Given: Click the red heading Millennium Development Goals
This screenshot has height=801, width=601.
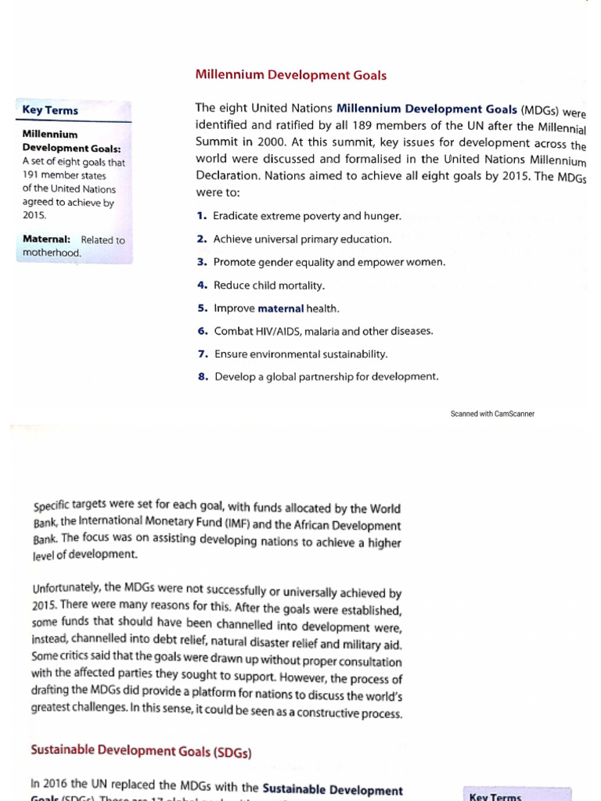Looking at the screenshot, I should (x=290, y=75).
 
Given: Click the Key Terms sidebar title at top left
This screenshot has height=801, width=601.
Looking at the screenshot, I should (x=50, y=110).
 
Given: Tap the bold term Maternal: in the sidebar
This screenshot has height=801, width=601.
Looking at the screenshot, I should (x=47, y=239).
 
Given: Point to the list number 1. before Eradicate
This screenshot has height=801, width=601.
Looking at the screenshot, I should (x=202, y=216).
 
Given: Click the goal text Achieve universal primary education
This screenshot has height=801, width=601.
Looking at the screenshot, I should (x=302, y=239).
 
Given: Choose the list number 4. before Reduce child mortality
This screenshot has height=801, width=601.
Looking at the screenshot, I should (x=202, y=286).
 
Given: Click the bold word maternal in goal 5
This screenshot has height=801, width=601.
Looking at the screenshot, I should (x=280, y=308).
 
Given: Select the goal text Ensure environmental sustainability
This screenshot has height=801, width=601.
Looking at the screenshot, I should (x=300, y=354).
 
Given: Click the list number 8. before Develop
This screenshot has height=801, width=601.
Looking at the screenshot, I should (x=203, y=376).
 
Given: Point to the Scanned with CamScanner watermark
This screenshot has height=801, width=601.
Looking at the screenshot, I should (x=492, y=414).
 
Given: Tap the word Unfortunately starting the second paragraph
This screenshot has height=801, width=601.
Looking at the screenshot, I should (x=67, y=588).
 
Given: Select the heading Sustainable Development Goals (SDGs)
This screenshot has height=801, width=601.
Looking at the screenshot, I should (x=141, y=750).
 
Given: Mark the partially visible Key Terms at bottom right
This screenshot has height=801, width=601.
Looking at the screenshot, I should (x=495, y=796).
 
